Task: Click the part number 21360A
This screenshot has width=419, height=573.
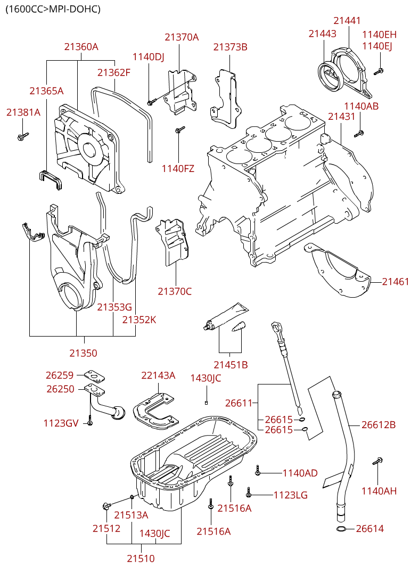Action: (x=81, y=47)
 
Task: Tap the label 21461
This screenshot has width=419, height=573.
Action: (x=396, y=282)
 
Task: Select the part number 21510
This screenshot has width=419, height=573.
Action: (x=141, y=559)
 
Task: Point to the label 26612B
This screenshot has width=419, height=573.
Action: (x=379, y=425)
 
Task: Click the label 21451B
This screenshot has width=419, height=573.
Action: (x=231, y=365)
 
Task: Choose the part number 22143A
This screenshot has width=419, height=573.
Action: (x=158, y=375)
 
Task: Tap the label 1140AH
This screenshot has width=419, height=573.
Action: (x=379, y=491)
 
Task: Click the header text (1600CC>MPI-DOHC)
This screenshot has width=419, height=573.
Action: (x=53, y=9)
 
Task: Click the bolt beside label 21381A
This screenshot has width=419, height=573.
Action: (x=23, y=136)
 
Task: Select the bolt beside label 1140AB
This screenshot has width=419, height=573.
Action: (x=359, y=133)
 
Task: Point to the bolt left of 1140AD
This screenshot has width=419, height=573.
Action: (x=258, y=470)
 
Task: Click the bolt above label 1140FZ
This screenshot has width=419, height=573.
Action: (x=179, y=129)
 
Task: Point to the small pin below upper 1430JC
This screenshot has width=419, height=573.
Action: (x=206, y=402)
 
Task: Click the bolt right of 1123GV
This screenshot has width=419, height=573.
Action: (x=91, y=421)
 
